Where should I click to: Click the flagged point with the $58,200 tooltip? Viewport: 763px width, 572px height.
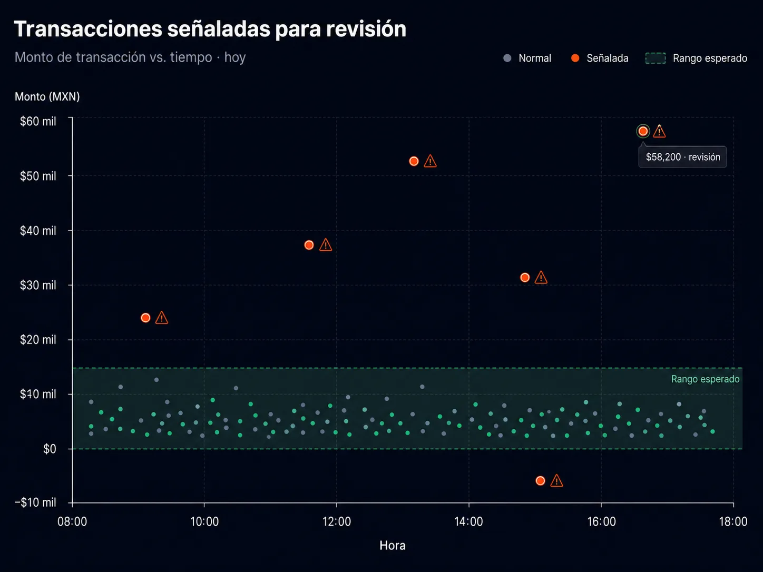click(643, 131)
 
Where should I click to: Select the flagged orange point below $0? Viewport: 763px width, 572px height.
click(540, 481)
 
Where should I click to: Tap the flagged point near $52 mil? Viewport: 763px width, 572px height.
click(414, 161)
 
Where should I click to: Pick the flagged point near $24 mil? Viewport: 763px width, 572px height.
click(145, 318)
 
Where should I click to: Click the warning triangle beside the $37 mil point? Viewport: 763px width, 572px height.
click(325, 245)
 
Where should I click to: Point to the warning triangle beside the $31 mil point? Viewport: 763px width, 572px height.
click(541, 278)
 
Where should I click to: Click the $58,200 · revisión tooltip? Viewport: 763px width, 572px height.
click(683, 157)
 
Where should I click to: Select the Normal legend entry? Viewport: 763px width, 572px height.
click(527, 58)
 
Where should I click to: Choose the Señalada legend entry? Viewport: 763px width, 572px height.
click(600, 58)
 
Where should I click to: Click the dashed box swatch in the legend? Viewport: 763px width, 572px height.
click(655, 58)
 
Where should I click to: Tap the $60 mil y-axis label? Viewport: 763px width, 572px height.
click(38, 121)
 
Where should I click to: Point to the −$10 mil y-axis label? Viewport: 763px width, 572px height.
click(35, 502)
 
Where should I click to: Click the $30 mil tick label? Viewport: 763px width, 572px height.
click(38, 285)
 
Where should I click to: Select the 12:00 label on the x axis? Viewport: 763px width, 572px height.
click(337, 521)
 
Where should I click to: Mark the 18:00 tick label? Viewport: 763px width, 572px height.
click(733, 521)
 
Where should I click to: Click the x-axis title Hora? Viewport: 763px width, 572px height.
click(393, 546)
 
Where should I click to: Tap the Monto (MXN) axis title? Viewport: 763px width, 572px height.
click(47, 96)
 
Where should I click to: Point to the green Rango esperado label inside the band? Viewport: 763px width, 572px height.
click(705, 379)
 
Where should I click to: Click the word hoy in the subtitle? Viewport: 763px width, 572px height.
click(235, 57)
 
